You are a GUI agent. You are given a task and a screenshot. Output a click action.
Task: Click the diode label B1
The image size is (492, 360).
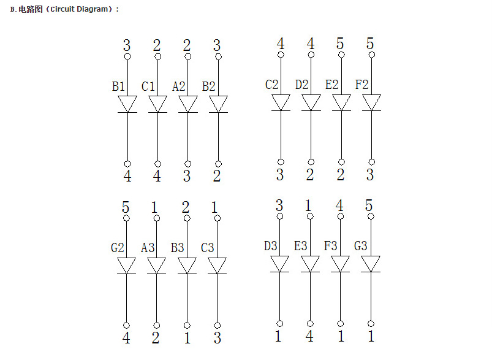click(x=118, y=86)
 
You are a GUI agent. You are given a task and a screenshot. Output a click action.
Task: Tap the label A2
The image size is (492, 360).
click(x=178, y=86)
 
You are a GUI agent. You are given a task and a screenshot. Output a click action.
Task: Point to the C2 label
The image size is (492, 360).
click(x=272, y=85)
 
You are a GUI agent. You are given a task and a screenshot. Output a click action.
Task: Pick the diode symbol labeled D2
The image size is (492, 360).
click(x=311, y=103)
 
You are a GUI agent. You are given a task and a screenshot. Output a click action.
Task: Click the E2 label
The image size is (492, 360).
click(x=332, y=85)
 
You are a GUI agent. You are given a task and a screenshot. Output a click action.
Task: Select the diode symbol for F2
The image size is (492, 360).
click(x=371, y=103)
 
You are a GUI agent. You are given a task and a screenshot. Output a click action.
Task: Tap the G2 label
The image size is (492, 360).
click(x=118, y=248)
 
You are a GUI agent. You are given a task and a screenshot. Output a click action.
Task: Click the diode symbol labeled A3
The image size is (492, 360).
click(x=157, y=266)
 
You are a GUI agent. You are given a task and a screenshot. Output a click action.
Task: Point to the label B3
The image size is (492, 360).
click(x=178, y=248)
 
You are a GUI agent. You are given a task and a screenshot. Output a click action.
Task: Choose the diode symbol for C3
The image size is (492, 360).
click(x=217, y=266)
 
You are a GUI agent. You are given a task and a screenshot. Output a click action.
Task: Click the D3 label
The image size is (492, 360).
click(x=271, y=246)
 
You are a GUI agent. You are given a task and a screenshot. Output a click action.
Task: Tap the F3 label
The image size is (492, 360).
click(x=331, y=246)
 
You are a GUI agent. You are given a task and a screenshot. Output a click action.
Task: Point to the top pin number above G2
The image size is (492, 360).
click(x=126, y=207)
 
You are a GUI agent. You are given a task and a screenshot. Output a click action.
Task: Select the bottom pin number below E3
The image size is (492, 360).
click(x=309, y=337)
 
